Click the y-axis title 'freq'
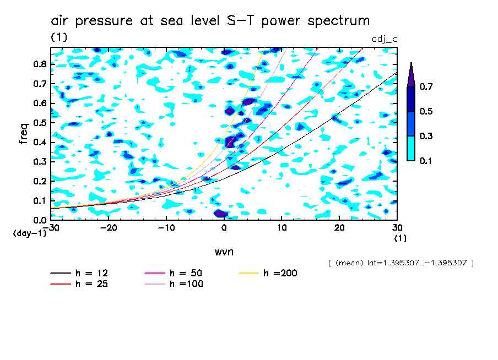coord(24,133)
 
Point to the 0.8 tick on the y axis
coord(40,64)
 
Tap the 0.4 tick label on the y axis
coord(40,142)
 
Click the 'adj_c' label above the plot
coord(385,39)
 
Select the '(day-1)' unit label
coord(30,233)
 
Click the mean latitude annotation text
coord(400,263)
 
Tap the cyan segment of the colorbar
coord(411,148)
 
